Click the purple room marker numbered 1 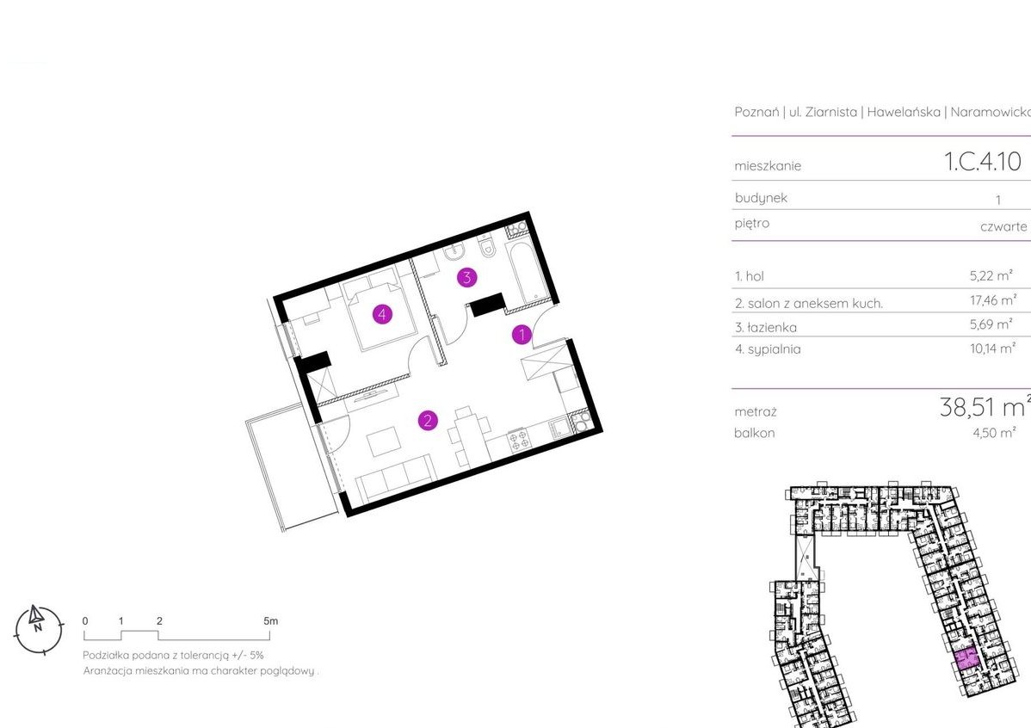522,335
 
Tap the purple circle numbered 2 428,420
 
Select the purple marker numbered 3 466,278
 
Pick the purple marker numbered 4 382,314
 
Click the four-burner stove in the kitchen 517,440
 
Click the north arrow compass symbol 39,629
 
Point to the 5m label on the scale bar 270,620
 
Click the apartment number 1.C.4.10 982,161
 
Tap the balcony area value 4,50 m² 993,433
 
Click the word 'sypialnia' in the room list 774,349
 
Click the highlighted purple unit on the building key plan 966,658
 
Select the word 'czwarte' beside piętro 1003,226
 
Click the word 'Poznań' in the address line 756,112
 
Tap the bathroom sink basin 454,252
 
